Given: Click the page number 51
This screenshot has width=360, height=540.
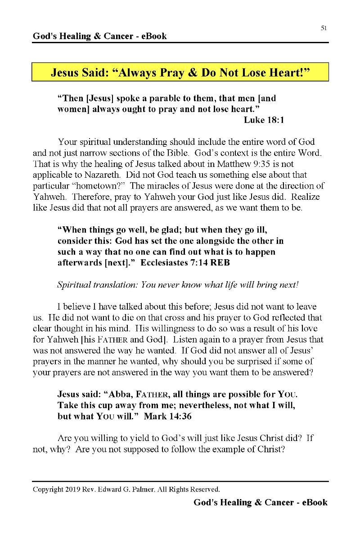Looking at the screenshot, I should (x=324, y=28).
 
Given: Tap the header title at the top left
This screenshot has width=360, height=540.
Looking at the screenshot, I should (x=99, y=36).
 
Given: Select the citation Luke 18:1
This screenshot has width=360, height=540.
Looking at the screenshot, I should (x=264, y=120).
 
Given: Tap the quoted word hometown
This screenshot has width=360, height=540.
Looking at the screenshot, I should (x=98, y=185).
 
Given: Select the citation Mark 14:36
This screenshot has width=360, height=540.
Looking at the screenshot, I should (x=168, y=416).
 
